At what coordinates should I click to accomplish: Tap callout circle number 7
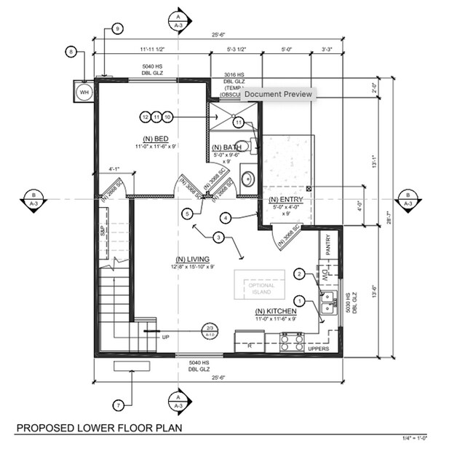pos(119,405)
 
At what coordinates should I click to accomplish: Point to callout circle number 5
pos(188,214)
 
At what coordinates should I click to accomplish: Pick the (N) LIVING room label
pos(192,259)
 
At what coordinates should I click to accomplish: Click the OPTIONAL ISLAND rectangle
pos(260,284)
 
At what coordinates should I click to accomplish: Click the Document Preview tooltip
pos(277,94)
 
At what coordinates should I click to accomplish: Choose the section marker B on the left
pos(32,198)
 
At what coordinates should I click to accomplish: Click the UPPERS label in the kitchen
pos(319,350)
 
